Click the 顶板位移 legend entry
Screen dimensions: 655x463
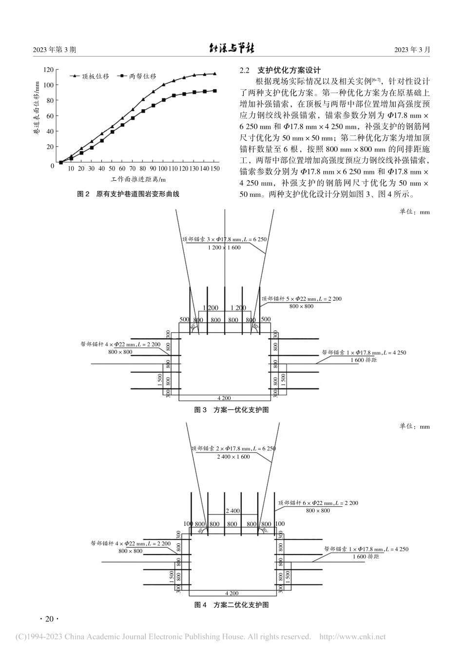click(x=95, y=76)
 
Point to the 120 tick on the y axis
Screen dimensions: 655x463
click(x=48, y=70)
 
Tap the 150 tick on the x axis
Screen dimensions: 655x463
click(x=214, y=169)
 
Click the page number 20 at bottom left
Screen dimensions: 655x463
click(x=48, y=619)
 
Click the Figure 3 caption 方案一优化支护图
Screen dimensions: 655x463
click(x=231, y=410)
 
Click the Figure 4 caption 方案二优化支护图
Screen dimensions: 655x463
click(x=231, y=605)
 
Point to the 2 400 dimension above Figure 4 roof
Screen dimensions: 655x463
click(x=232, y=511)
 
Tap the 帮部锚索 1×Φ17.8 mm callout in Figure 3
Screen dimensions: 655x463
click(x=363, y=352)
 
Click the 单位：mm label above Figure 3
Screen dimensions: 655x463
click(x=415, y=212)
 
